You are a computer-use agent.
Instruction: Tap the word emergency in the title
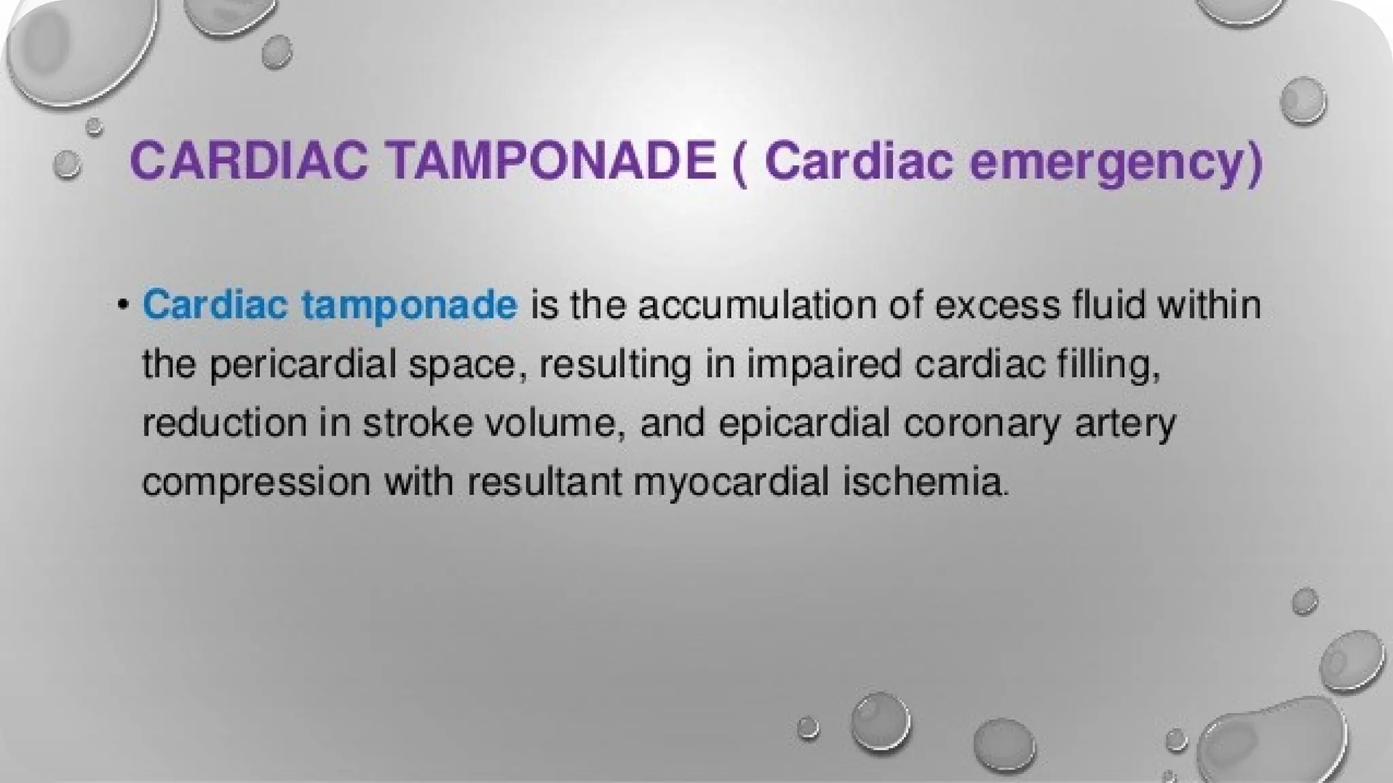pos(1115,163)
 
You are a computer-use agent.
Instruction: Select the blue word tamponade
pos(409,305)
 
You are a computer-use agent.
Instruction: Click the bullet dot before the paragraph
pos(123,304)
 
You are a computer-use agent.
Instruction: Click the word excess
pos(997,305)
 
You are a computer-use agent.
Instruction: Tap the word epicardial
pos(803,423)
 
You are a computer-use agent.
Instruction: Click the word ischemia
pos(925,482)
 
